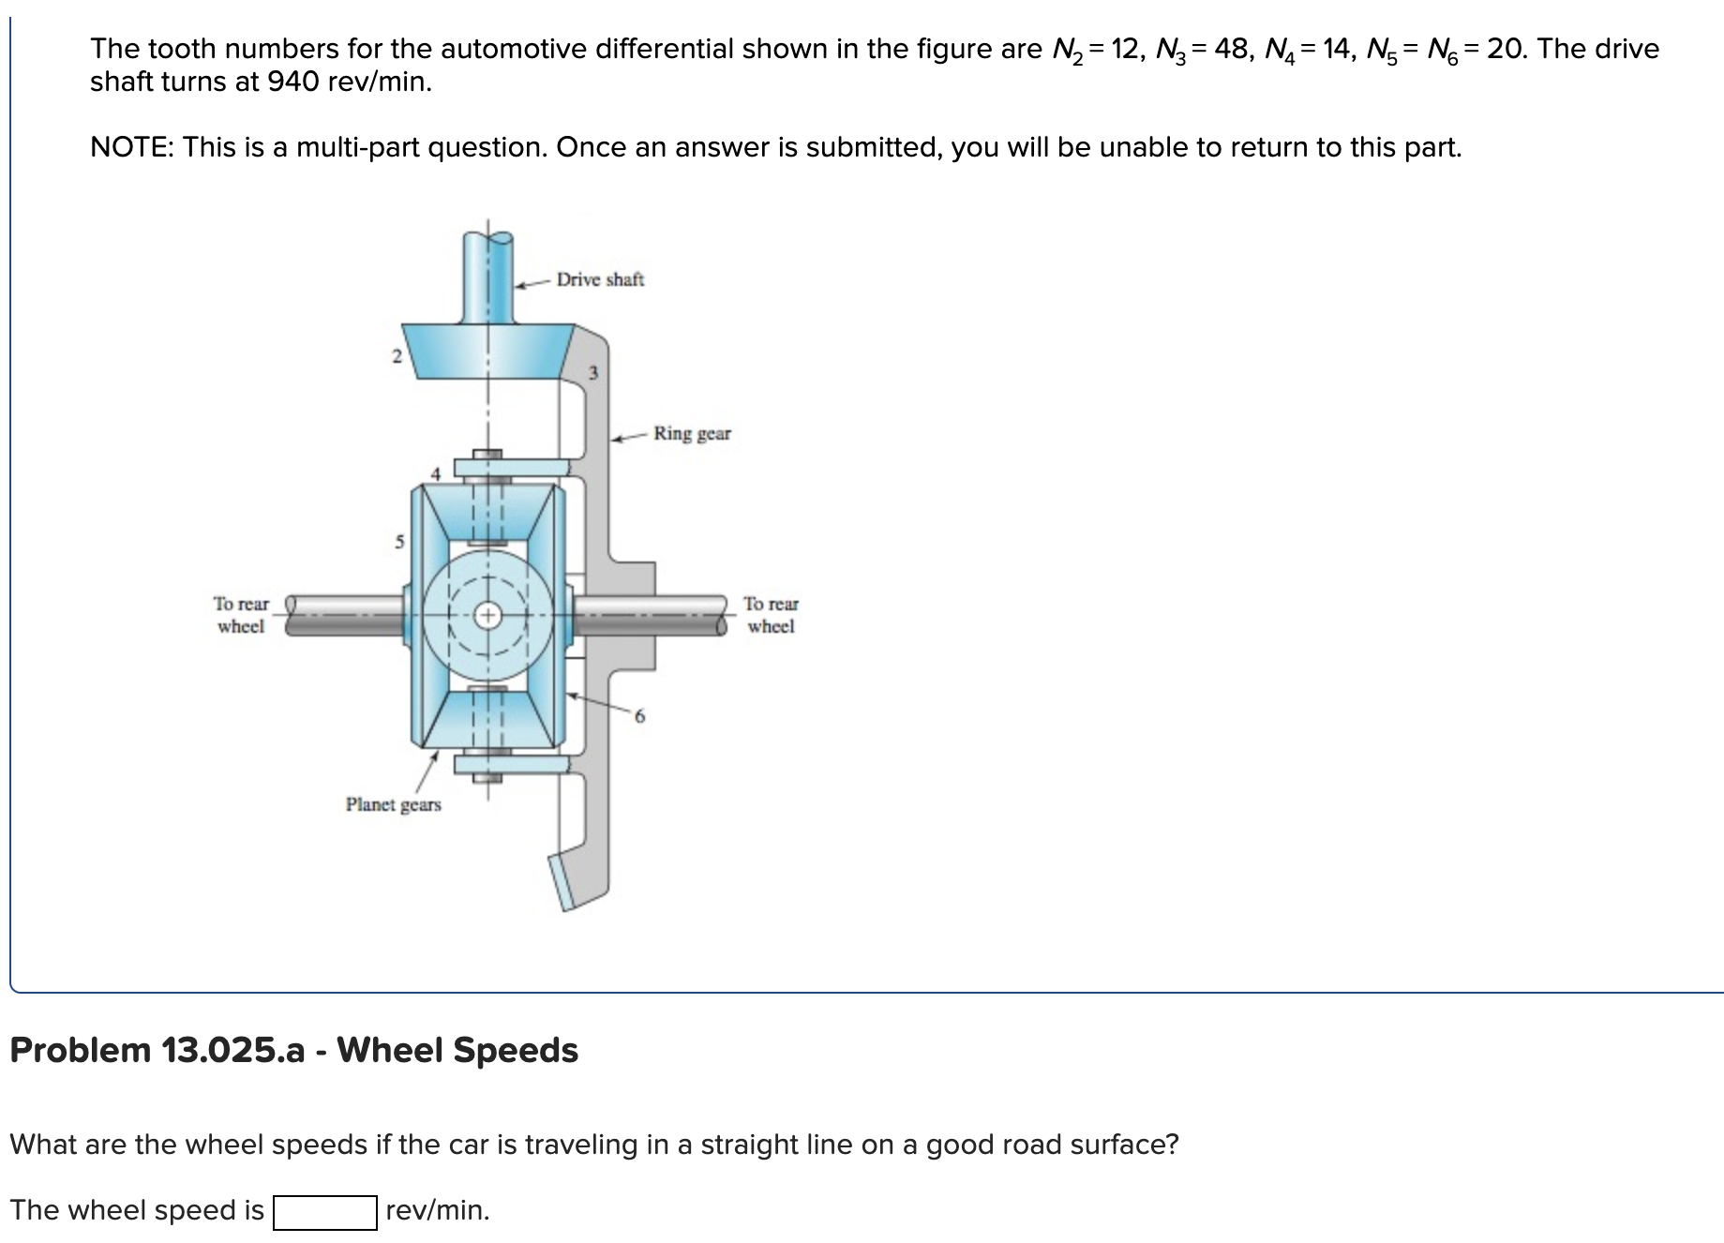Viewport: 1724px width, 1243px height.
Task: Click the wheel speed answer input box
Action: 325,1212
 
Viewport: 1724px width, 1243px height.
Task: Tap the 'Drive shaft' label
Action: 600,279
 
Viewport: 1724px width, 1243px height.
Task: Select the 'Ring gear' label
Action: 692,433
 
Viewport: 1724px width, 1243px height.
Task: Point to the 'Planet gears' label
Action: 393,804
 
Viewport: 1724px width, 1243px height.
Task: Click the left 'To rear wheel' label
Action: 240,615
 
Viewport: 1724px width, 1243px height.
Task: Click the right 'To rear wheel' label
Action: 771,615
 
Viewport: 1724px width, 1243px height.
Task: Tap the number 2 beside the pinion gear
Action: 396,356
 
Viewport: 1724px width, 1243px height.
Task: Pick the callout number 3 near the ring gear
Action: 592,374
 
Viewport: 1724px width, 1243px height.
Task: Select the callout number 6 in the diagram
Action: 639,717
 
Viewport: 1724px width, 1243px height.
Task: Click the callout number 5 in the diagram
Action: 398,542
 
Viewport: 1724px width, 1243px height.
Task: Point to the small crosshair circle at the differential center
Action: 487,616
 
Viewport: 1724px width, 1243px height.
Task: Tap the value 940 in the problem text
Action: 289,82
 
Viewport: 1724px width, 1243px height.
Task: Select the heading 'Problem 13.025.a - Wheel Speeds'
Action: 293,1050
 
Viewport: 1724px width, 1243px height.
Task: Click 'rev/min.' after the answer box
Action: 437,1210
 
